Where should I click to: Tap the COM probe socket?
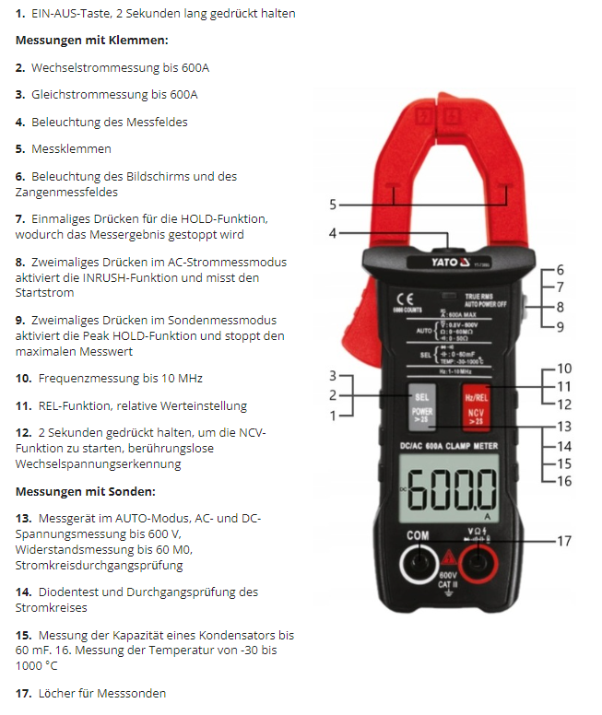tap(420, 561)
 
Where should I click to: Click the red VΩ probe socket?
tap(478, 561)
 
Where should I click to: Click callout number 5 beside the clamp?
tap(333, 205)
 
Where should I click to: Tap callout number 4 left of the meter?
tap(333, 234)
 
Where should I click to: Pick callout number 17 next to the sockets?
tap(564, 541)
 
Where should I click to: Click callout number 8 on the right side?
tap(560, 306)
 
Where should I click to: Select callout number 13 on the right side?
tap(564, 427)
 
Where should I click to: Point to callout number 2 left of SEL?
tap(333, 395)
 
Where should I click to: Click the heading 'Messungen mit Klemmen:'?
tap(91, 41)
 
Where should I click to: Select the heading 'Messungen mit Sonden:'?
tap(86, 491)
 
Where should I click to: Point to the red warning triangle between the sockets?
tap(450, 557)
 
